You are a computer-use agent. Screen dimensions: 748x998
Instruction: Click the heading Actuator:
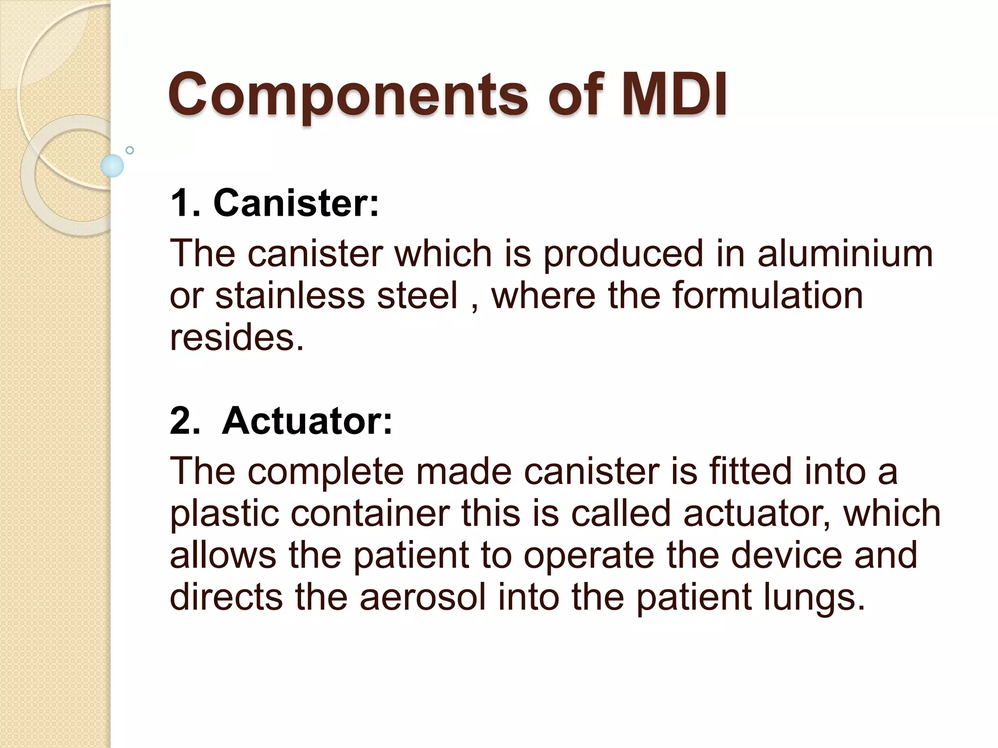click(x=307, y=421)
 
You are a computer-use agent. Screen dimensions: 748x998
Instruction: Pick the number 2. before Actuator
click(x=185, y=421)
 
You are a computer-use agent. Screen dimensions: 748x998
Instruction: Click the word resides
click(x=237, y=337)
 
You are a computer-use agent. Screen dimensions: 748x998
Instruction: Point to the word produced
click(x=623, y=254)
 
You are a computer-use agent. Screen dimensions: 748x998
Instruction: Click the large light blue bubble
click(x=112, y=166)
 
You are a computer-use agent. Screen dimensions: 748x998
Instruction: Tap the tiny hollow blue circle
click(x=130, y=150)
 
